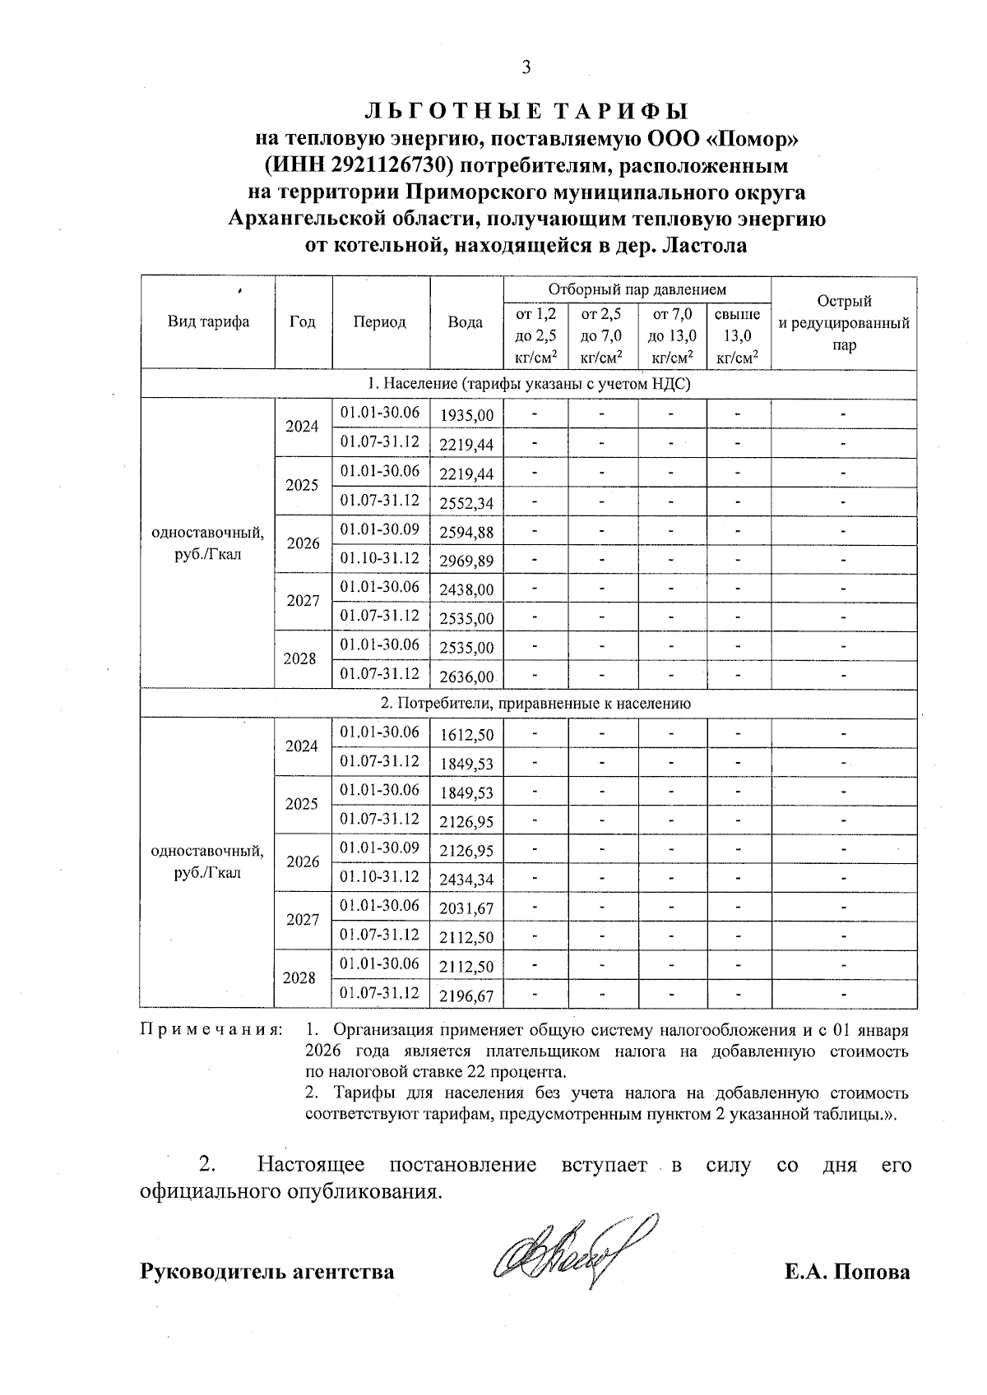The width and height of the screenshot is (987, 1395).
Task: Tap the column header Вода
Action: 465,322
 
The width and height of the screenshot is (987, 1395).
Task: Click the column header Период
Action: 380,322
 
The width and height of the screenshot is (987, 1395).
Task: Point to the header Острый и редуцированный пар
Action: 843,323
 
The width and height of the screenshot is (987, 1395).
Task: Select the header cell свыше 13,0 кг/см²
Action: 738,335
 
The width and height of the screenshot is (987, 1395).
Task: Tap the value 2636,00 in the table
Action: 466,677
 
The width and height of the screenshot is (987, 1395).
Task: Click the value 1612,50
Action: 466,735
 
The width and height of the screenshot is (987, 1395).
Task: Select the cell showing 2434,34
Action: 466,880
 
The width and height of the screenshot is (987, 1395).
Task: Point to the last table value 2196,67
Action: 466,996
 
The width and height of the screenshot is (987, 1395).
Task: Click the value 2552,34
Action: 466,503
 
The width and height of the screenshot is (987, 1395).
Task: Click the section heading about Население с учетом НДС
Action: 529,384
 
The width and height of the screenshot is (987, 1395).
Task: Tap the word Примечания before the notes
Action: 211,1029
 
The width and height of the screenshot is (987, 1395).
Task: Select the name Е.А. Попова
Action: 846,1272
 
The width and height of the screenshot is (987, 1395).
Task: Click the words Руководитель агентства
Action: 267,1272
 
